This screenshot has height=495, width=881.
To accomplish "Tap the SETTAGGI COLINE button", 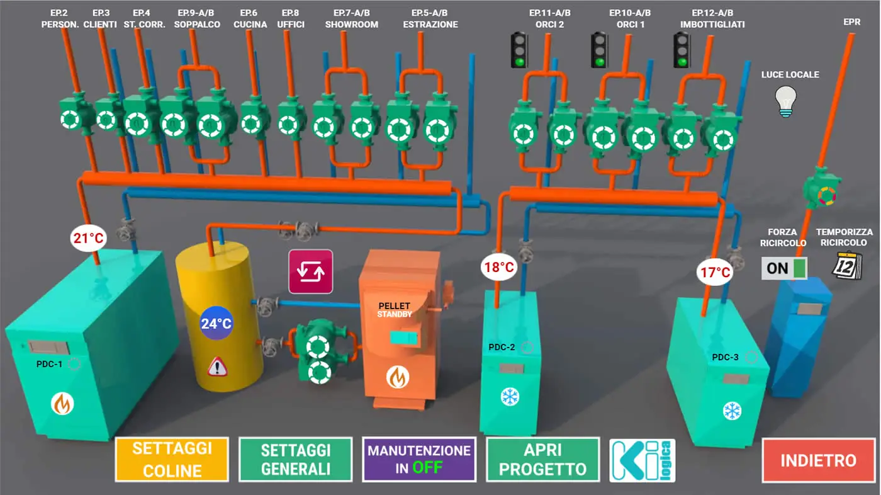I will tap(171, 460).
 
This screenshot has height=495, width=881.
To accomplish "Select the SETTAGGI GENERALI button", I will tap(295, 460).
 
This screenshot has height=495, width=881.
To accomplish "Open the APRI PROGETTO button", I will tap(542, 460).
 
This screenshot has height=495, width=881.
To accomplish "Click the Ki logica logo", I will tap(642, 460).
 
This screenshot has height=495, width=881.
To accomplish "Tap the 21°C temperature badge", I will tap(88, 238).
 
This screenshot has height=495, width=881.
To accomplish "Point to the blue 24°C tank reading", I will tap(216, 324).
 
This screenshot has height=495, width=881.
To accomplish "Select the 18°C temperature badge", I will tap(499, 267).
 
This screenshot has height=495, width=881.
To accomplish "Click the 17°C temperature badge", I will tap(716, 273).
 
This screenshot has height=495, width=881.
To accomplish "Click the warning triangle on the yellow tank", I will tap(217, 366).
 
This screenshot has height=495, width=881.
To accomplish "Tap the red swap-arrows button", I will tap(310, 271).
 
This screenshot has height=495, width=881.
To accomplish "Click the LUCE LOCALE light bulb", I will tap(785, 101).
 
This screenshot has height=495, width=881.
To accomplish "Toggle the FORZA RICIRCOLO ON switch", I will tap(784, 268).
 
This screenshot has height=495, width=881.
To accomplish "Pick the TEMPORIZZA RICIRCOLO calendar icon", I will tap(846, 266).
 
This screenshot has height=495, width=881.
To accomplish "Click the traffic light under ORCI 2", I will tap(519, 50).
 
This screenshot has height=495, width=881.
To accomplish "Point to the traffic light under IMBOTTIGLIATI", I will tap(682, 50).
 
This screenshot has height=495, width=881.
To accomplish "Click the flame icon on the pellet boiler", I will tap(398, 377).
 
